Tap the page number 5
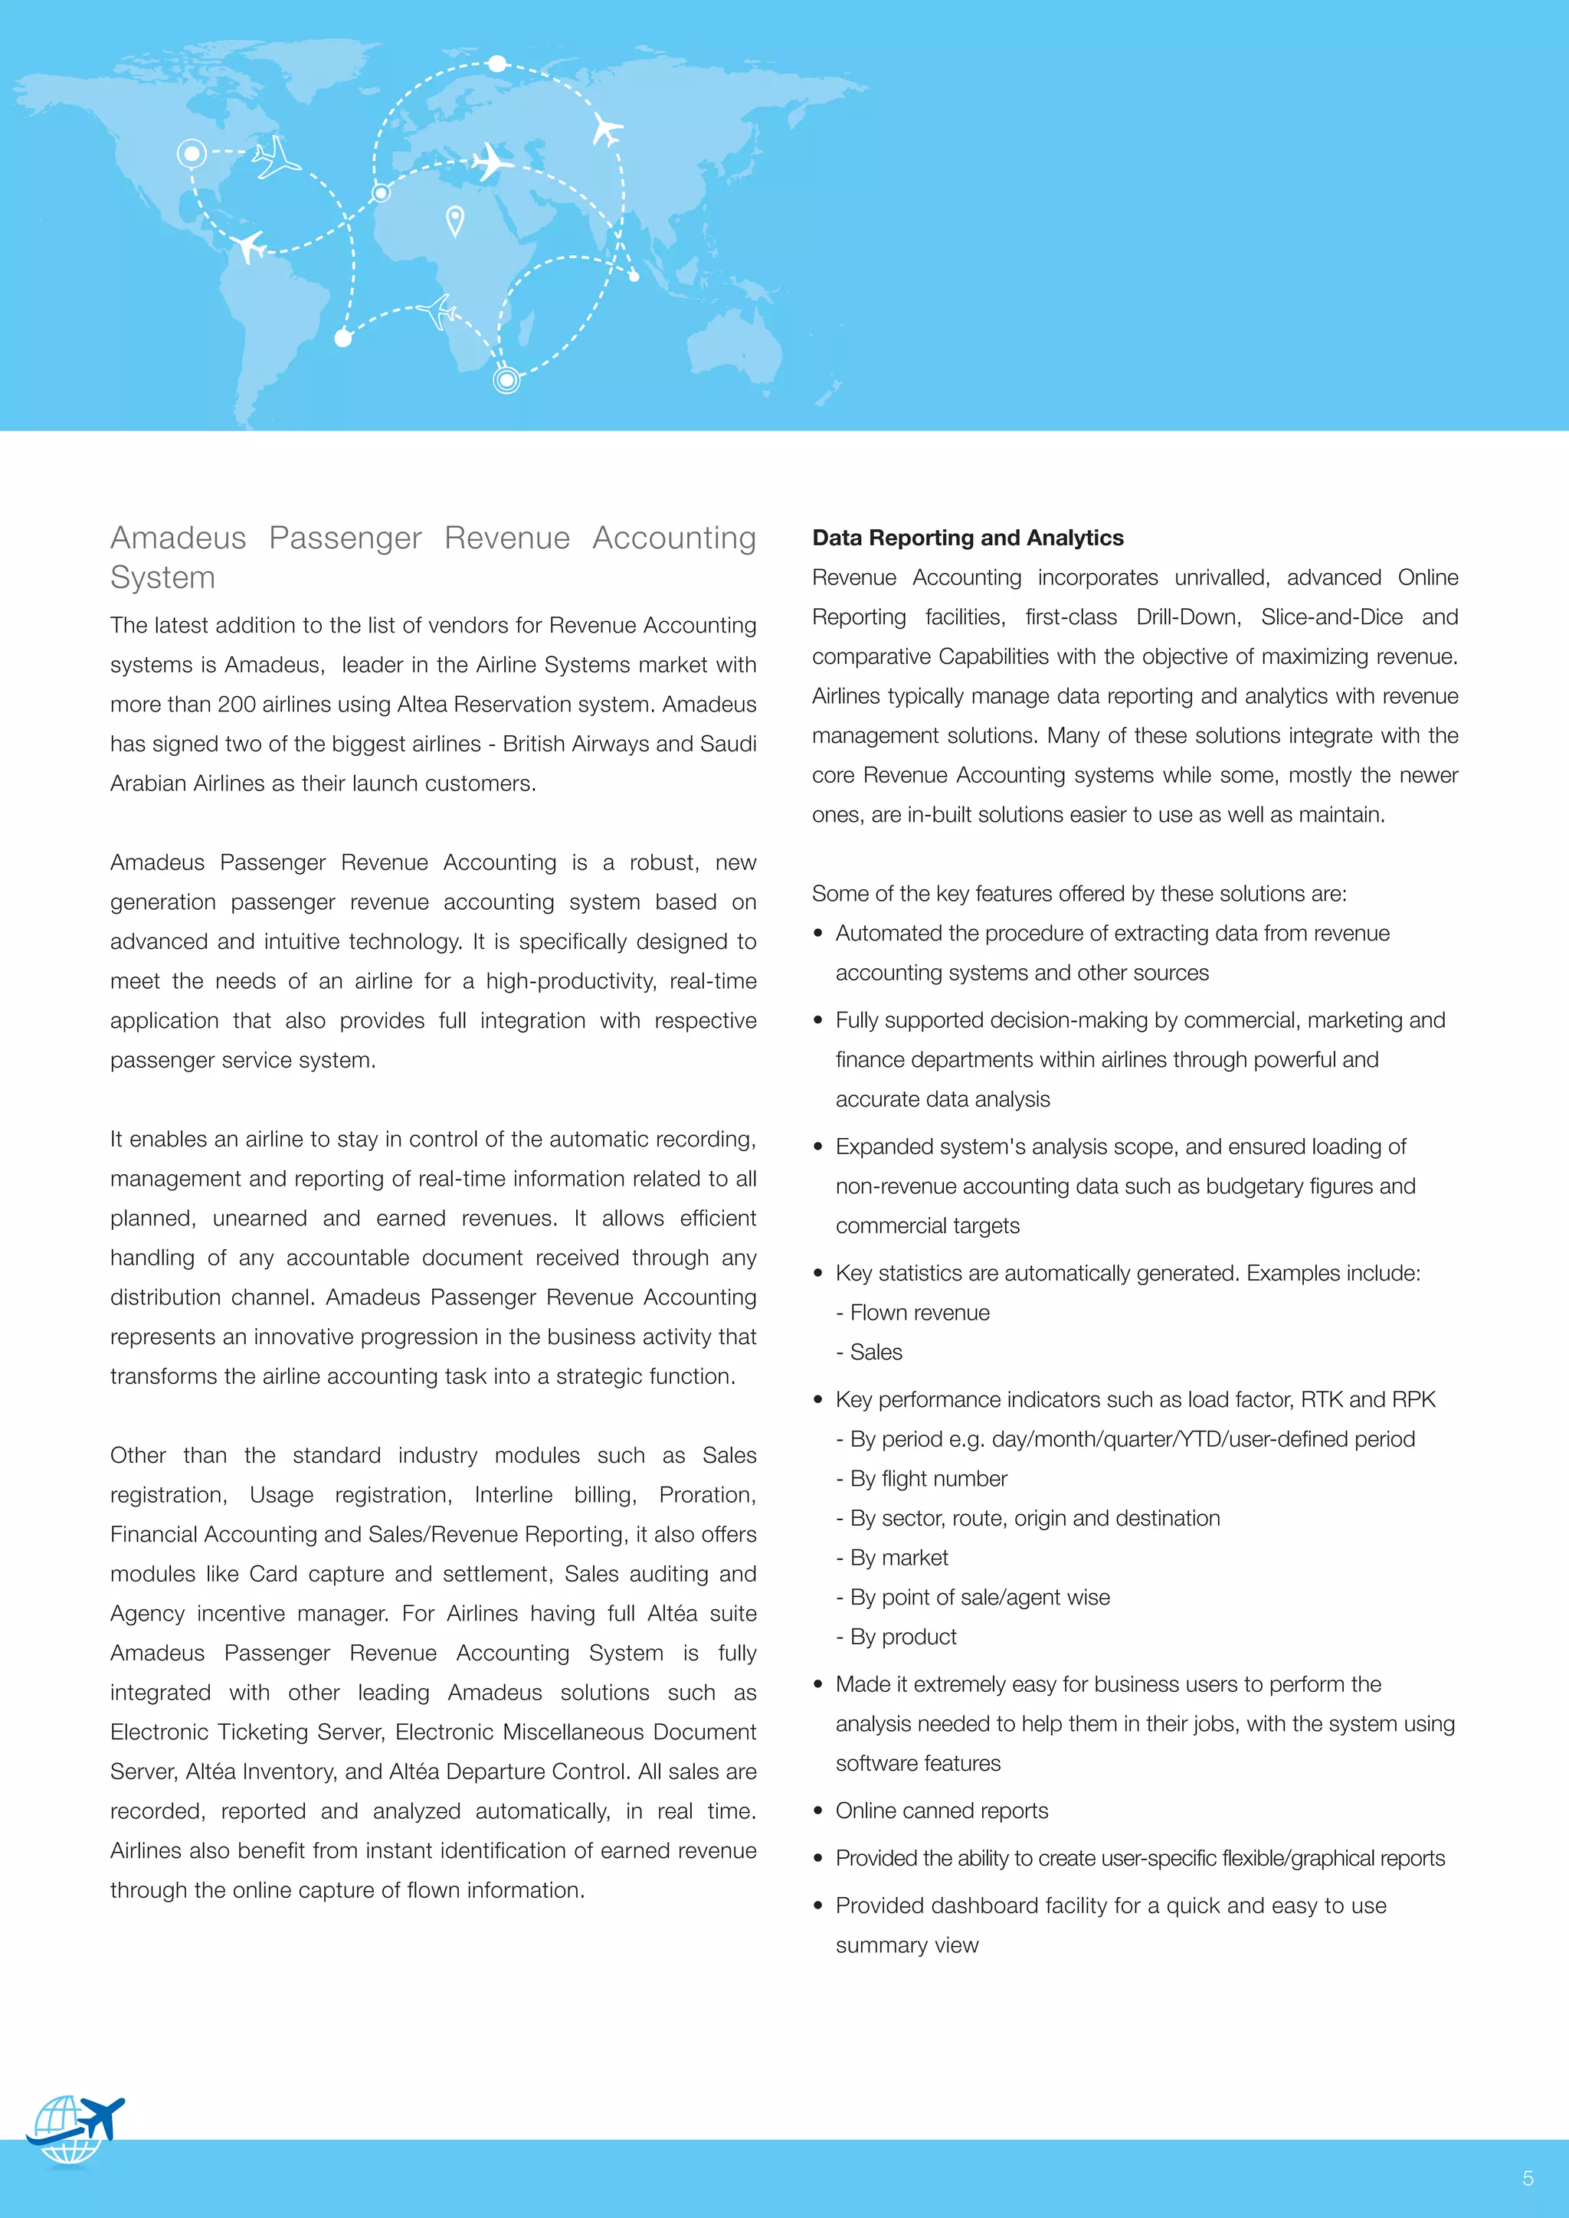click(1528, 2178)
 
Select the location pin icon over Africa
click(455, 221)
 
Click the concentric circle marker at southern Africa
click(506, 380)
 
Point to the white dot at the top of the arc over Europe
click(496, 64)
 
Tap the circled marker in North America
click(192, 152)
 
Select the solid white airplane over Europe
click(491, 162)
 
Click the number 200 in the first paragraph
click(236, 705)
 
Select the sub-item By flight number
click(928, 1479)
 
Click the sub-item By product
click(902, 1637)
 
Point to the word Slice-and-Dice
click(1332, 617)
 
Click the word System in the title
click(162, 577)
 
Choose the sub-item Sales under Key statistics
click(876, 1353)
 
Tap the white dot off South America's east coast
click(343, 338)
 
